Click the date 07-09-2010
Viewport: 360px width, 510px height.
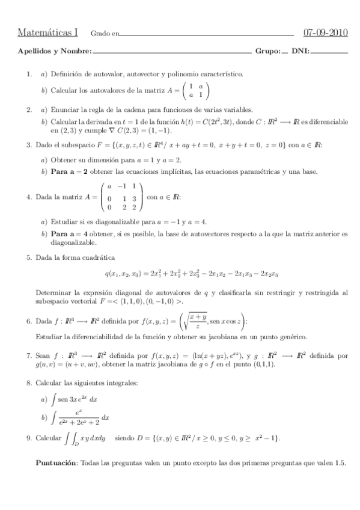(x=326, y=33)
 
